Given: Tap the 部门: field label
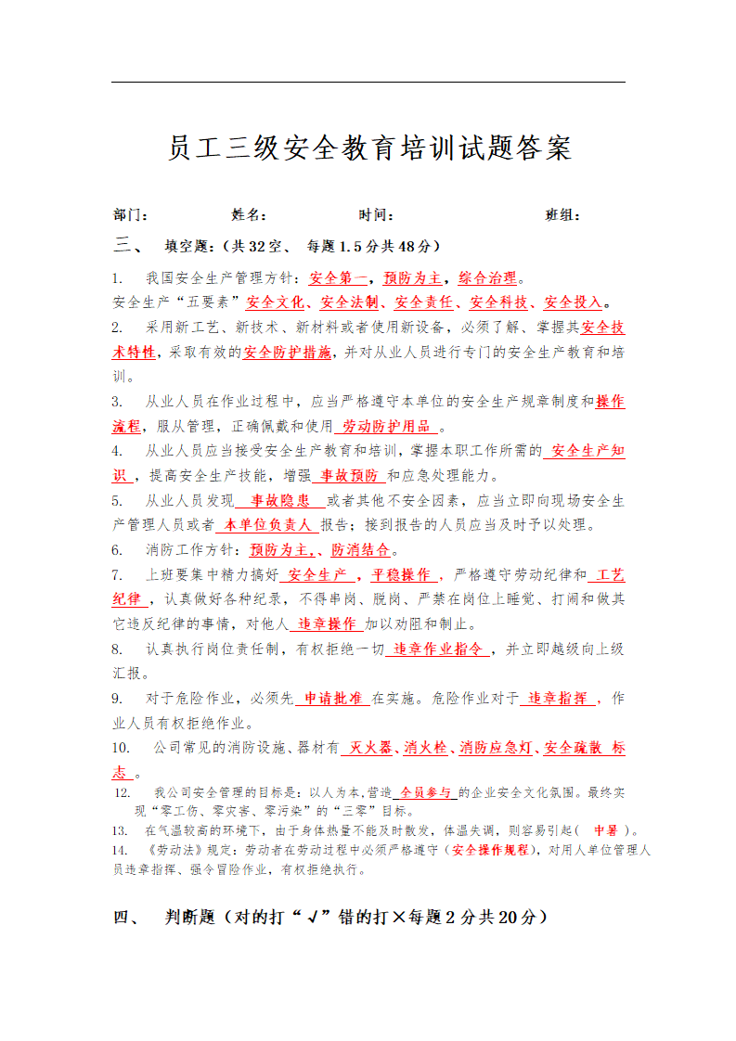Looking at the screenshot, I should click(131, 215).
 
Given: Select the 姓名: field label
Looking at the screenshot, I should click(249, 215).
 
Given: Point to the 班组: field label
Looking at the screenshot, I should click(563, 215).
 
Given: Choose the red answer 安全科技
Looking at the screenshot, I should click(498, 302).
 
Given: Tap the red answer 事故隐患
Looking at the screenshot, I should click(278, 501).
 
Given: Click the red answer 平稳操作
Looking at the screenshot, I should click(400, 574).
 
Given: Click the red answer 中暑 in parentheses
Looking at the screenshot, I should click(605, 829).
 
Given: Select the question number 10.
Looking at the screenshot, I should click(121, 748).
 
